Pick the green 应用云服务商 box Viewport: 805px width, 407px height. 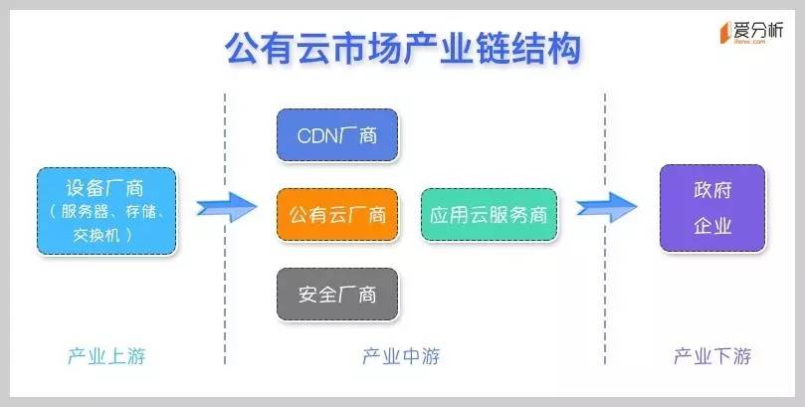489,214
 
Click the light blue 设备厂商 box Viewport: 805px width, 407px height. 105,210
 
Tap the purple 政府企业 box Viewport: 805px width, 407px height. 711,207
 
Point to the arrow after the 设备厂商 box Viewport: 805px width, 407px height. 220,207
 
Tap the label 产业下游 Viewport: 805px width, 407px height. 712,356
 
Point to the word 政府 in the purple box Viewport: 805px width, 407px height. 711,190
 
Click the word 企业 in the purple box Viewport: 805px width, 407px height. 711,226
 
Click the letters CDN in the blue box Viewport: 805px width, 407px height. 318,135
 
